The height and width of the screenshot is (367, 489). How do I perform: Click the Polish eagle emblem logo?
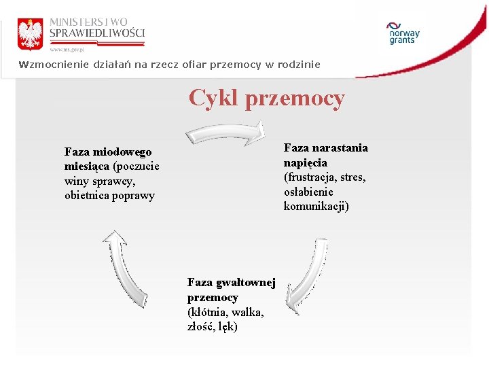30,33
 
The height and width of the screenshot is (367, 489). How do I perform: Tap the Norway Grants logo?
403,33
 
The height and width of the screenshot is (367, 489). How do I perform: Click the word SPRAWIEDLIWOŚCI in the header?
96,34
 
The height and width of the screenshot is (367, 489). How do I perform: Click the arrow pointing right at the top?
225,133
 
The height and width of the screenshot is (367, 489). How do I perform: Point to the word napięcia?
305,162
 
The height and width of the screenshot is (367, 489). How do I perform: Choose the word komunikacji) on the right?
316,207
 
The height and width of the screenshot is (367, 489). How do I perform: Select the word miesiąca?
87,167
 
